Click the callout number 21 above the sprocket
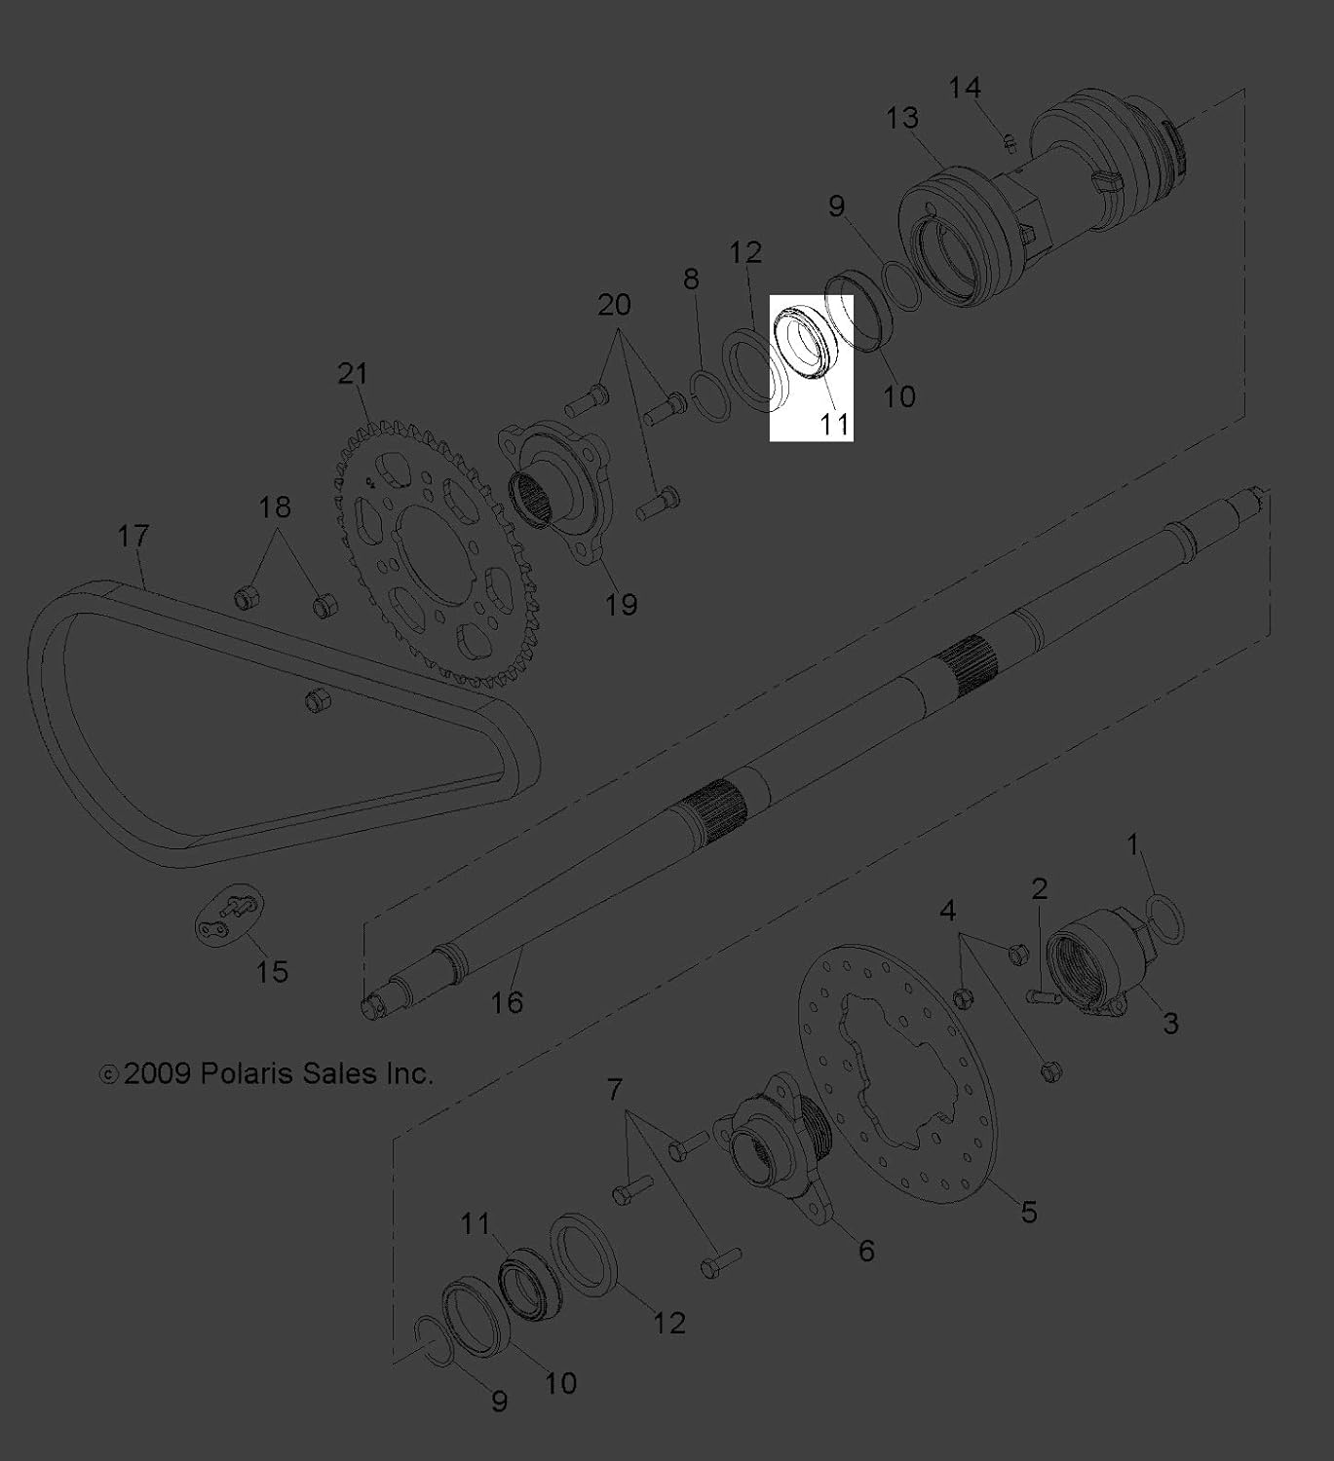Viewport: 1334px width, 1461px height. point(354,374)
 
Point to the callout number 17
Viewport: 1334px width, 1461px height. point(133,536)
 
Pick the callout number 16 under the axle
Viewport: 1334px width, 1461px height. point(508,1002)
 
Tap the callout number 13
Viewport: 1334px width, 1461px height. point(902,117)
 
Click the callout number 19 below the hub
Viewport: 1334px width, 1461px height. point(622,604)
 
